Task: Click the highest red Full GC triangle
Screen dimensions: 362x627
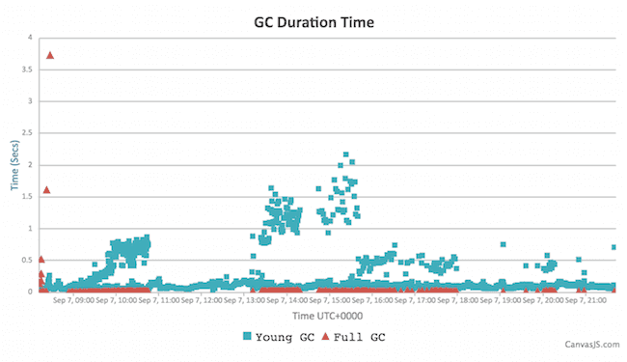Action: point(50,55)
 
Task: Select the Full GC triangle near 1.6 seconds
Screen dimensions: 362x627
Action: point(46,190)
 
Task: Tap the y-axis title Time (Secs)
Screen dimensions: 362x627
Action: point(14,164)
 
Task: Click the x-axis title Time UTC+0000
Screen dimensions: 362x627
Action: point(328,316)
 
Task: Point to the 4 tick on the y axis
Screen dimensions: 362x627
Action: point(30,38)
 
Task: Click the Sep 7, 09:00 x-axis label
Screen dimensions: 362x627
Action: point(73,301)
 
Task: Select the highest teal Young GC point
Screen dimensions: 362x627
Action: point(345,154)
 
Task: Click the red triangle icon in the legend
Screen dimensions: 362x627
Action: point(324,336)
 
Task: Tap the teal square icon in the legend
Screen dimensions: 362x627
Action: point(249,336)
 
